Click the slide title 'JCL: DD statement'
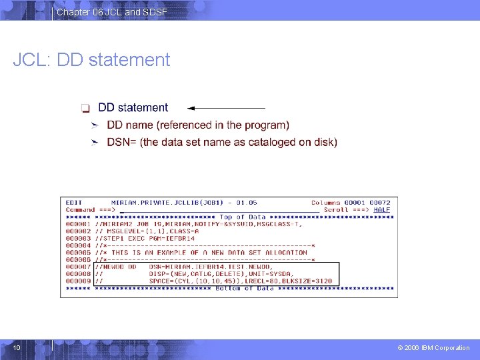pyautogui.click(x=91, y=60)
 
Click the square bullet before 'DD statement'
pyautogui.click(x=85, y=108)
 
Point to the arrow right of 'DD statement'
pyautogui.click(x=226, y=107)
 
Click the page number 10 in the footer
pyautogui.click(x=17, y=347)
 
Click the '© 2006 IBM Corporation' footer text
pyautogui.click(x=433, y=347)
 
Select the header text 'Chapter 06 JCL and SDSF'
pyautogui.click(x=111, y=12)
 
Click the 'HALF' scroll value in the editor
pyautogui.click(x=382, y=209)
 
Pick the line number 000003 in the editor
pyautogui.click(x=78, y=238)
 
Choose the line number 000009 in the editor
pyautogui.click(x=78, y=281)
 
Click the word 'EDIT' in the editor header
pyautogui.click(x=73, y=203)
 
